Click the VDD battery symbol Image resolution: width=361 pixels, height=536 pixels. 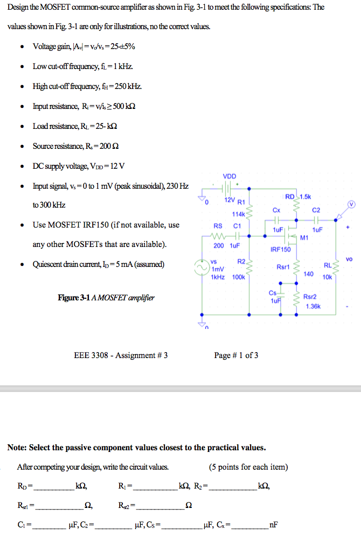click(228, 189)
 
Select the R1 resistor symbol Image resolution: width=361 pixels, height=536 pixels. click(249, 215)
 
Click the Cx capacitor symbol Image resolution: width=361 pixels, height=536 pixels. click(276, 221)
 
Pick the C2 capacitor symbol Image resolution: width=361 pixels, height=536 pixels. click(317, 221)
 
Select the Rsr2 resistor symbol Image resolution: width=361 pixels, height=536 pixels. click(295, 301)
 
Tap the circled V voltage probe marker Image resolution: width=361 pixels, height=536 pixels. click(351, 205)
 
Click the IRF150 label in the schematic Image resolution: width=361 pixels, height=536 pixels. click(280, 249)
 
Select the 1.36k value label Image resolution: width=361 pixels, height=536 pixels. click(313, 306)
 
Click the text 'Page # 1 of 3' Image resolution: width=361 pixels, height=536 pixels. click(236, 355)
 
